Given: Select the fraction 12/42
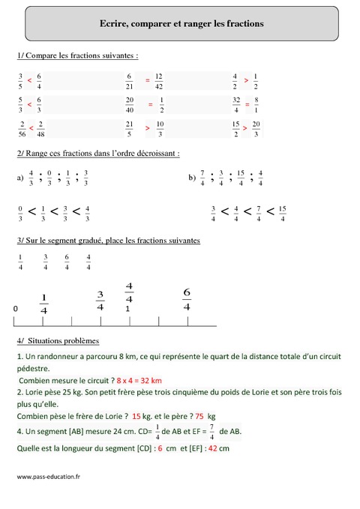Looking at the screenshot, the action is [159, 80].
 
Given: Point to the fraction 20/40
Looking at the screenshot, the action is [130, 104].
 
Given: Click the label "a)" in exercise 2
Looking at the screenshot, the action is [19, 178].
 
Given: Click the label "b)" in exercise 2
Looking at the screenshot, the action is [192, 178].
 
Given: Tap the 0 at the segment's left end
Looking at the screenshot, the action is [16, 308].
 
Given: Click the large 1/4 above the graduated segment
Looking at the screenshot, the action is [43, 304].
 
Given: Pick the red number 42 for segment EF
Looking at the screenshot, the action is [212, 448].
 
